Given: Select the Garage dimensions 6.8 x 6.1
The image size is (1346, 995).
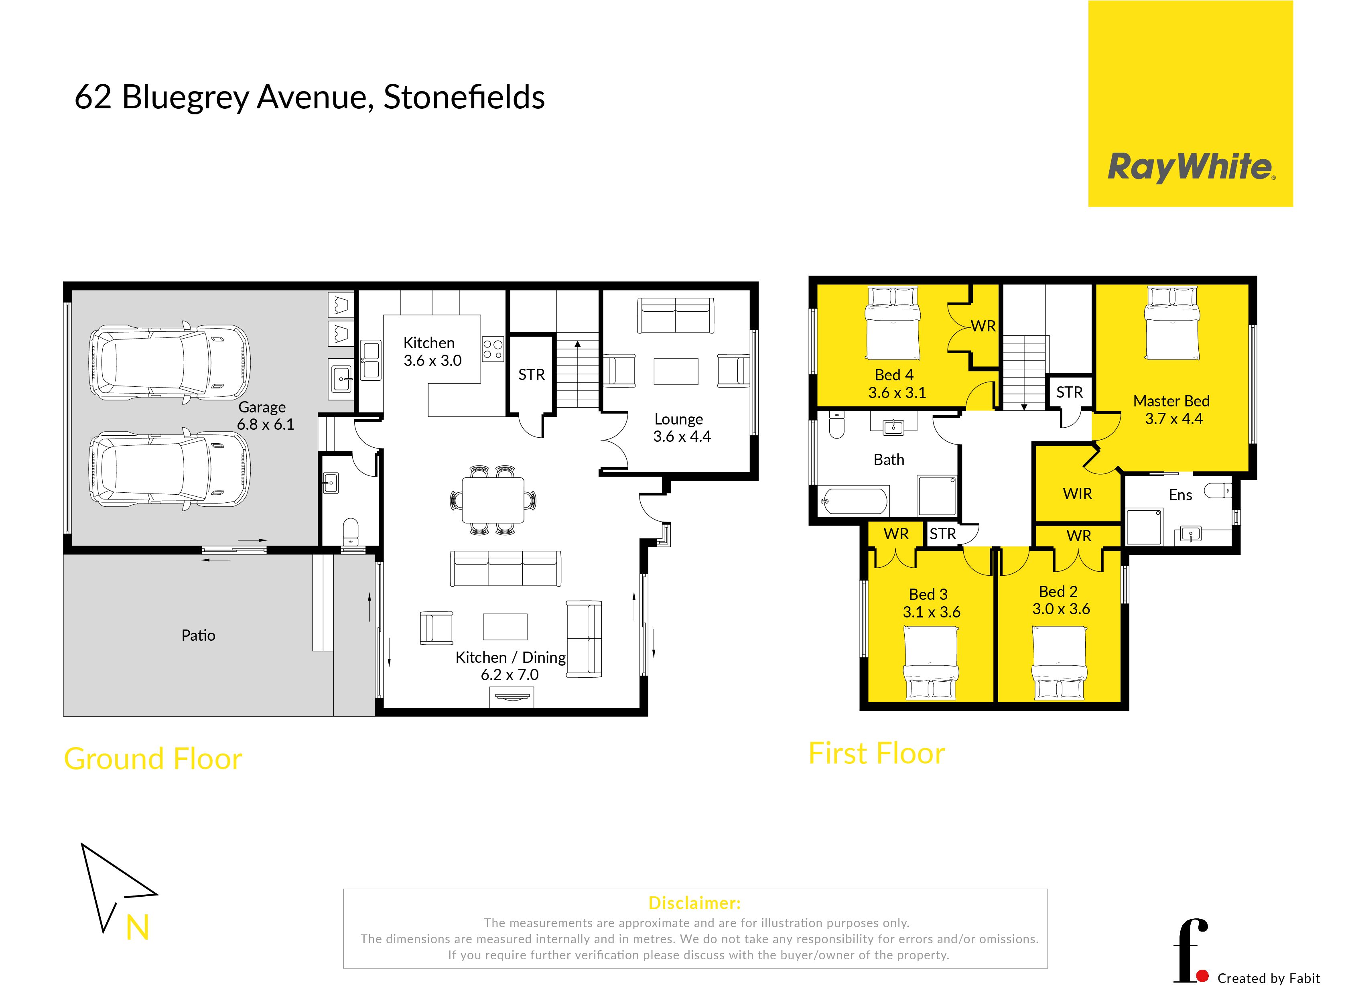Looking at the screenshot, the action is (266, 424).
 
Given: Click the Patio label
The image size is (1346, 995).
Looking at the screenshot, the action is (198, 636).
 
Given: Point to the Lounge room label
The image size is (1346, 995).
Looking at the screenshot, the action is (679, 419).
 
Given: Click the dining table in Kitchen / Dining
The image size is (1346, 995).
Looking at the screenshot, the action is (493, 500).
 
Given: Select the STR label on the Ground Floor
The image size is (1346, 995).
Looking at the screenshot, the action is (531, 375).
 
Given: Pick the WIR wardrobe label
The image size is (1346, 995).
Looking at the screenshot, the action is (1078, 494).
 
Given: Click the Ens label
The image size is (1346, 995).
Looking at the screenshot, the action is (1180, 495).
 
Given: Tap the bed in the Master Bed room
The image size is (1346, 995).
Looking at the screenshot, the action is (1172, 323).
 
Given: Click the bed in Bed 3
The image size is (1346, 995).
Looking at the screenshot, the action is (931, 662).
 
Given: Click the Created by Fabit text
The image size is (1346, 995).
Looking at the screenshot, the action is (1268, 978).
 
